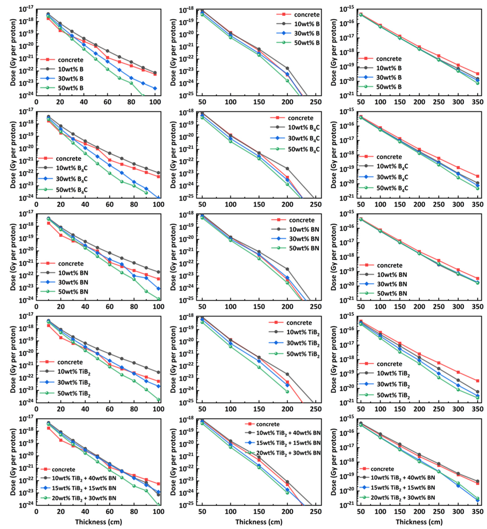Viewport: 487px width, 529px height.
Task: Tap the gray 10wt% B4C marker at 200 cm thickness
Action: click(x=287, y=168)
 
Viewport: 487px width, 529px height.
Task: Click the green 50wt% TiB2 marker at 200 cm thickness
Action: click(x=287, y=391)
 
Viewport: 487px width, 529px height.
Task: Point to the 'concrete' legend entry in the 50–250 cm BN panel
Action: click(x=301, y=220)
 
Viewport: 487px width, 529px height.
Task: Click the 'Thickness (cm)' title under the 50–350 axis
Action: click(x=419, y=522)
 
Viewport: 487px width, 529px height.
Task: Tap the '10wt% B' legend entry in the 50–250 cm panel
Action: click(x=307, y=24)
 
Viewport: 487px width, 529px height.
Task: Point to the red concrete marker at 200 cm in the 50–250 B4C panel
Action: click(x=287, y=178)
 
